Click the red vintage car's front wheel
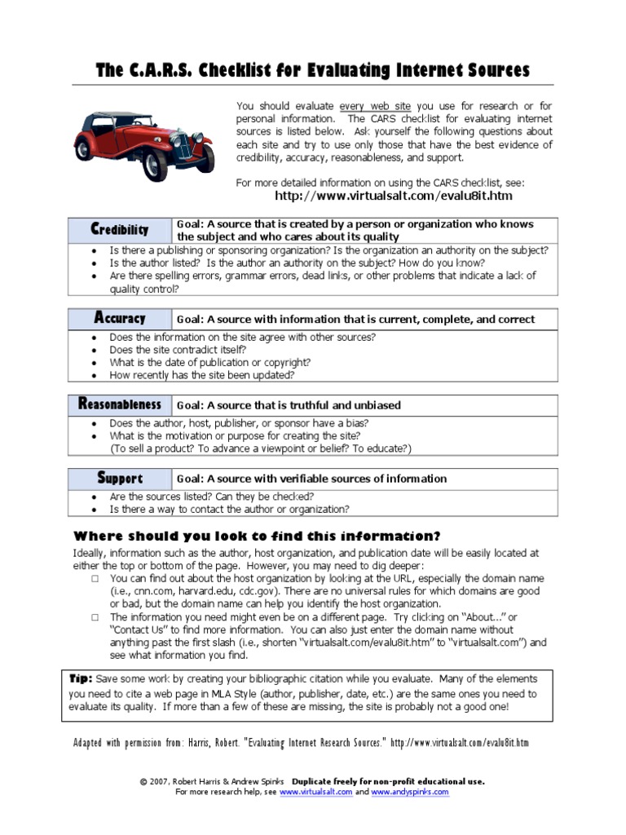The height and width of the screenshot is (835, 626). [154, 165]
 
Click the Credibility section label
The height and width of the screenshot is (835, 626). [119, 230]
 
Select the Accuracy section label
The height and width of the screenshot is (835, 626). [119, 319]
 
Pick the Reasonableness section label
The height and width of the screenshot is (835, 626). [119, 404]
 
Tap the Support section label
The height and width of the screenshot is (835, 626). [119, 479]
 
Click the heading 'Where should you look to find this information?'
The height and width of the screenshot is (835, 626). [257, 536]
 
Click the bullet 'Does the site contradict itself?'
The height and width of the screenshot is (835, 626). [177, 350]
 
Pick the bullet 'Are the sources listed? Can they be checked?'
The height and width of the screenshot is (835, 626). [211, 497]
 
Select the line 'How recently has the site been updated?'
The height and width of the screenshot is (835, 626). [201, 375]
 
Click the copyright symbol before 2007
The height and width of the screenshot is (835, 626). [143, 781]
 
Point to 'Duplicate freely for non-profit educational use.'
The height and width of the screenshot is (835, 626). [388, 781]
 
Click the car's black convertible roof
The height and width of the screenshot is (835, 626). [121, 117]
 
